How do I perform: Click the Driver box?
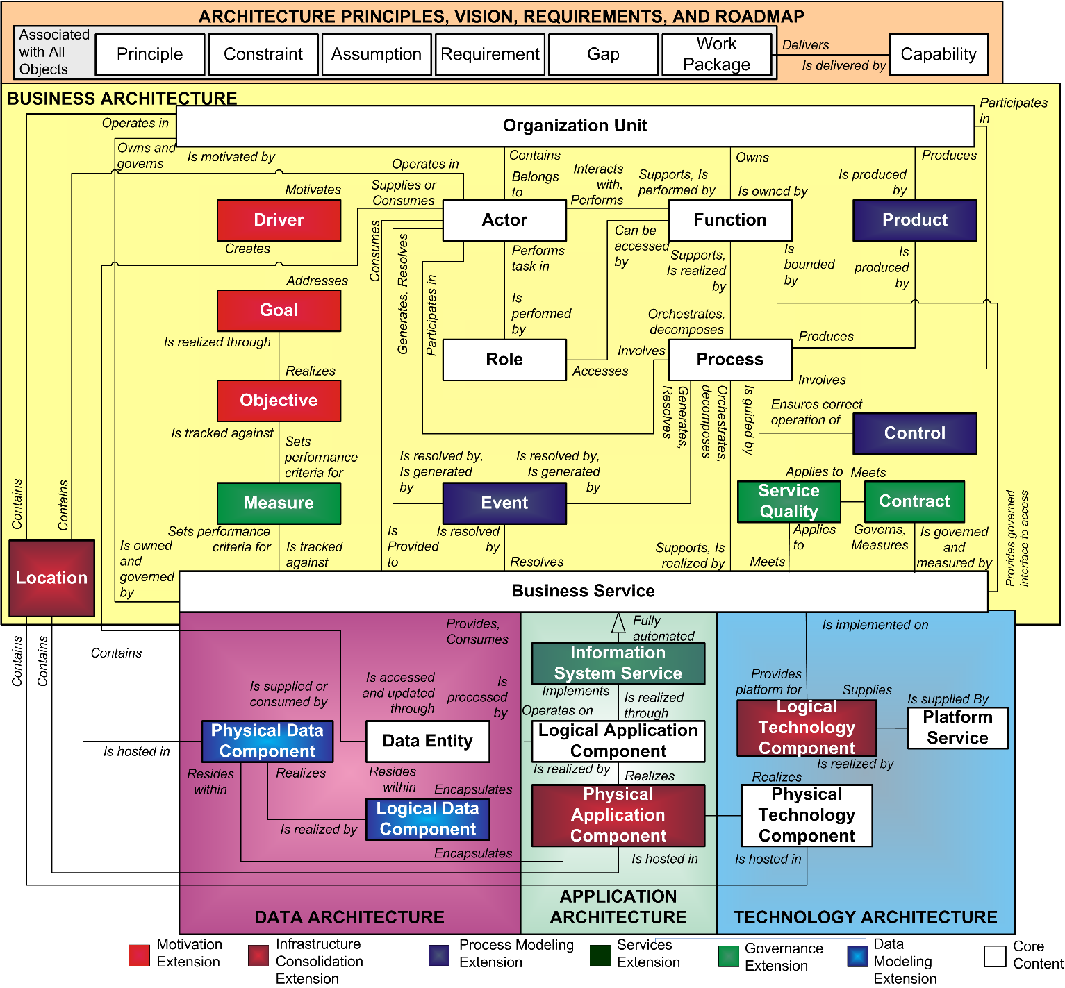[x=279, y=220]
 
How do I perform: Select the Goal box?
[x=279, y=310]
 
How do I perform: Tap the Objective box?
[x=279, y=401]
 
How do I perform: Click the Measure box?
[x=279, y=503]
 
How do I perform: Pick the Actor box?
[x=504, y=220]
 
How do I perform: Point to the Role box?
[x=504, y=360]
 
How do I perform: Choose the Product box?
[x=914, y=220]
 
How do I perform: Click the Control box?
[x=914, y=433]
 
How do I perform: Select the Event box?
[x=504, y=503]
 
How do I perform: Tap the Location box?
[x=52, y=578]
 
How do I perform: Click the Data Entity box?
[x=427, y=742]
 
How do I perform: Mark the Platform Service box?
[x=957, y=728]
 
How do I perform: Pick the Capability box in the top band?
[x=939, y=54]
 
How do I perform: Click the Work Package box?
[x=716, y=54]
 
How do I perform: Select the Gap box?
[x=603, y=54]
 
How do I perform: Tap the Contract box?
[x=914, y=501]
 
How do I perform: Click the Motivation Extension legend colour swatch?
[x=140, y=955]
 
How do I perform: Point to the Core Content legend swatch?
[x=995, y=956]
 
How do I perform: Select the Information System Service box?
[x=618, y=663]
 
